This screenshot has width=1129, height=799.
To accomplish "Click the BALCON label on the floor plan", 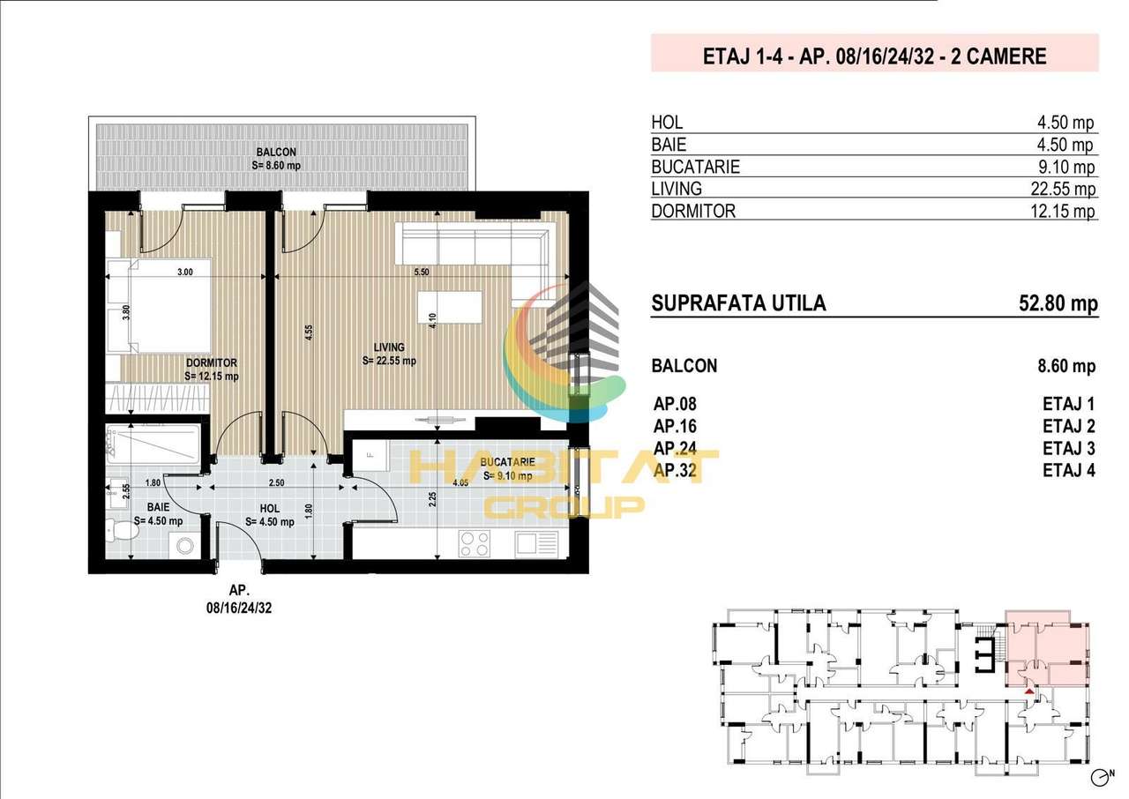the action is point(276,153).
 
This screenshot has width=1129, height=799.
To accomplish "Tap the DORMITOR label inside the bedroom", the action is point(211,362).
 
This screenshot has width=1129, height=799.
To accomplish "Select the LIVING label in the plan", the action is point(389,347).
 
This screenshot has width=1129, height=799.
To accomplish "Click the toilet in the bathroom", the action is point(121,531).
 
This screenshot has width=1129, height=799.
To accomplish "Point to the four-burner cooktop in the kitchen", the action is point(475,544).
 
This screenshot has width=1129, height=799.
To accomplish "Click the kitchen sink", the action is point(536,545).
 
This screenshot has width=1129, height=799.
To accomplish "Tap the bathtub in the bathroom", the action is point(153,444).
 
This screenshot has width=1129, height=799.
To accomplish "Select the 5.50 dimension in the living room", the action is point(422,272).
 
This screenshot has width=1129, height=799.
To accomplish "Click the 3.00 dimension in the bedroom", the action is point(185,272).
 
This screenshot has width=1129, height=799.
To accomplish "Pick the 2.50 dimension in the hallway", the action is point(276,482).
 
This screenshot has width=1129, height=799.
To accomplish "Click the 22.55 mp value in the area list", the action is point(1063,189).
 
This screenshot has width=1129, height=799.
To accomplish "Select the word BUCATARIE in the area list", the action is point(696,167).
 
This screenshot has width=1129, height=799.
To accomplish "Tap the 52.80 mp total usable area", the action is point(1058,303).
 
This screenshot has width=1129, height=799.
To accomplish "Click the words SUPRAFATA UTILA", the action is point(738,303).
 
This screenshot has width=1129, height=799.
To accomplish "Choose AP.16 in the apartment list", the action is point(675,426).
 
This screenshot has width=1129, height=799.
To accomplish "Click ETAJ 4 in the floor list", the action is point(1069,471).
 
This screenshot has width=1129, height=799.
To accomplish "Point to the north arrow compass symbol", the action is point(1103,778).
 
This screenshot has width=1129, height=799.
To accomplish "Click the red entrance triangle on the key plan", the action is point(1029,691).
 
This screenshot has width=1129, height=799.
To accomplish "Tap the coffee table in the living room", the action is point(450,307).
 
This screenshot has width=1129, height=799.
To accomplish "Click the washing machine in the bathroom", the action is point(184,546).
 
